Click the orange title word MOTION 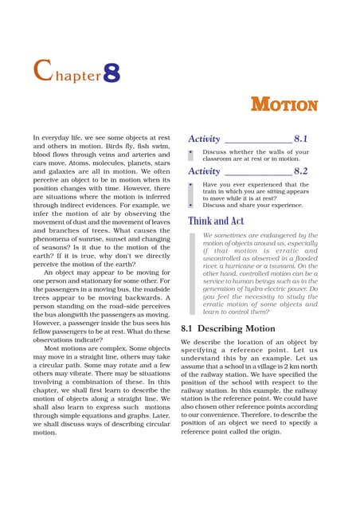pos(284,104)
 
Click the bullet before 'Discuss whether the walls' pos(191,152)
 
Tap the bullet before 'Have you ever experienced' pos(191,184)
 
